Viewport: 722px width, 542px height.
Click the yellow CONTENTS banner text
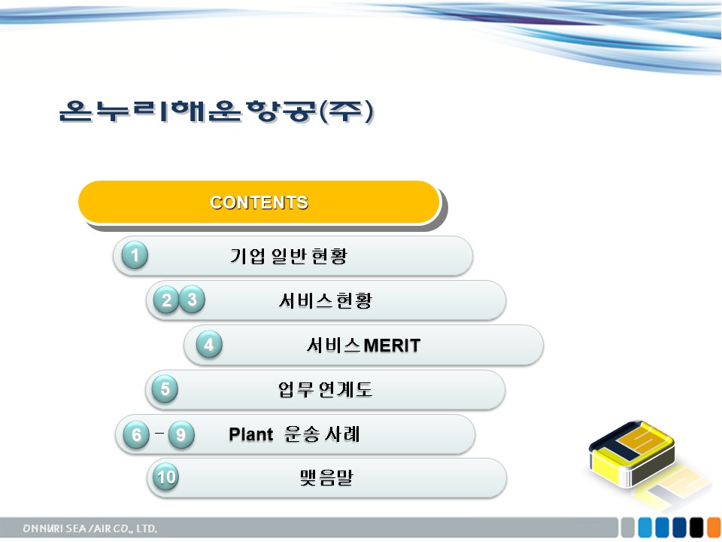pyautogui.click(x=259, y=202)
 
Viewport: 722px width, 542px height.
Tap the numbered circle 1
pyautogui.click(x=135, y=255)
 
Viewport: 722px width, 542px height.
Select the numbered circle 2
pyautogui.click(x=166, y=300)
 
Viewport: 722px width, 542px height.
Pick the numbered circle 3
pyautogui.click(x=192, y=300)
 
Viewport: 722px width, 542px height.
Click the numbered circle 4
pyautogui.click(x=209, y=344)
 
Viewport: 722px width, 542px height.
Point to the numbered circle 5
pyautogui.click(x=165, y=389)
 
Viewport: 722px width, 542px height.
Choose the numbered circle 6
pyautogui.click(x=136, y=434)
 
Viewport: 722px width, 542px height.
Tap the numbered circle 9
pyautogui.click(x=181, y=434)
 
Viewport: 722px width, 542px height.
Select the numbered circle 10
pyautogui.click(x=165, y=477)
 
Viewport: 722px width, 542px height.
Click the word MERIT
pyautogui.click(x=392, y=346)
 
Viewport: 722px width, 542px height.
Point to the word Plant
pyautogui.click(x=251, y=434)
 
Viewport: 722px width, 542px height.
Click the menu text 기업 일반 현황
pyautogui.click(x=289, y=256)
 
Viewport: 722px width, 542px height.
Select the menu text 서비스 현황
pyautogui.click(x=326, y=300)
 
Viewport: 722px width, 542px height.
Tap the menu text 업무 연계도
pyautogui.click(x=325, y=390)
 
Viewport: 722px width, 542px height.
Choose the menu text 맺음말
pyautogui.click(x=326, y=478)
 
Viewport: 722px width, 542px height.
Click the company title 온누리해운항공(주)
pyautogui.click(x=217, y=111)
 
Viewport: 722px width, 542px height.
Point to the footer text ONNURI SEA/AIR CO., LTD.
pyautogui.click(x=89, y=528)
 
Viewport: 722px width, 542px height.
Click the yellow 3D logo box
pyautogui.click(x=633, y=454)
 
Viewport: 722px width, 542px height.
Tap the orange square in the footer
pyautogui.click(x=714, y=528)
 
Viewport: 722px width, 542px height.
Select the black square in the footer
pyautogui.click(x=696, y=528)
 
